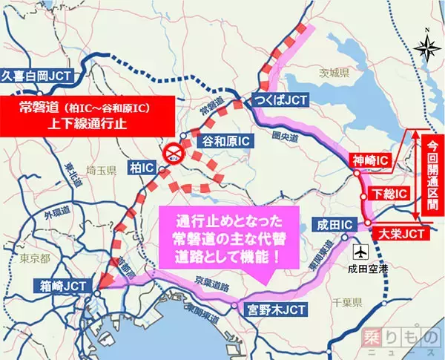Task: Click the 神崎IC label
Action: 370,159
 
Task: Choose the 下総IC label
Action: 387,193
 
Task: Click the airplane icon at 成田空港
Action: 361,249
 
